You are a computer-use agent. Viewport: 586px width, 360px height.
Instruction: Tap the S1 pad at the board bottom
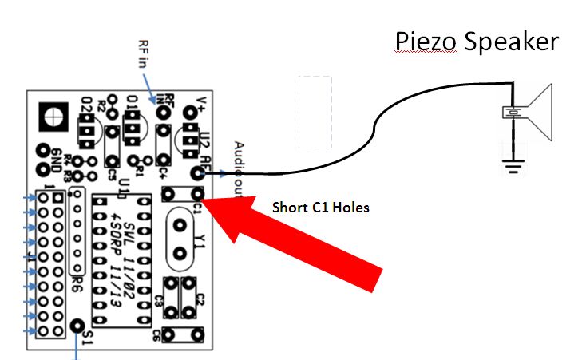[77, 326]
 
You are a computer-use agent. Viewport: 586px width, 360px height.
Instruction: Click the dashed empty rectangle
[315, 112]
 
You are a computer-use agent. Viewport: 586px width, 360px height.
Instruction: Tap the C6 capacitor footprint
[180, 333]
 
